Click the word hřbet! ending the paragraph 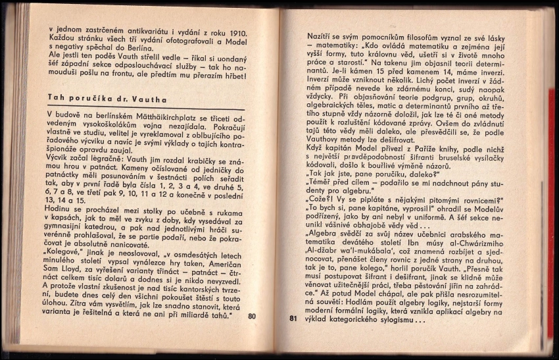tap(232, 76)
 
